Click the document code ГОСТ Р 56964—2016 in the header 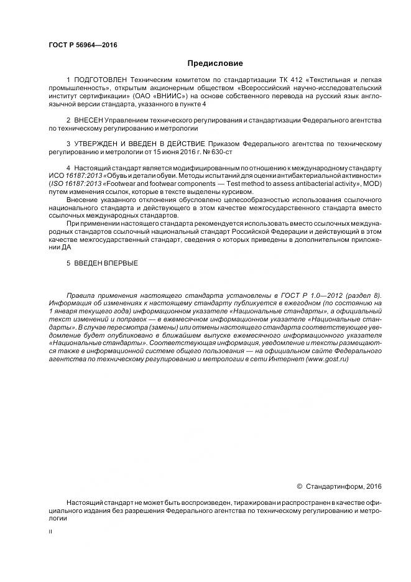[x=82, y=45]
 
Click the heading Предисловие [x=215, y=63]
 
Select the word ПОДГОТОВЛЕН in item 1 [x=100, y=80]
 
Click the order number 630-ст [x=216, y=152]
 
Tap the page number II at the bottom [x=51, y=532]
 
